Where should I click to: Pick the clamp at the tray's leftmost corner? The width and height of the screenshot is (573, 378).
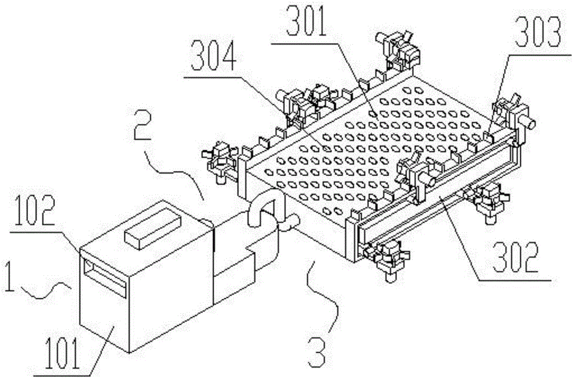point(218,161)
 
